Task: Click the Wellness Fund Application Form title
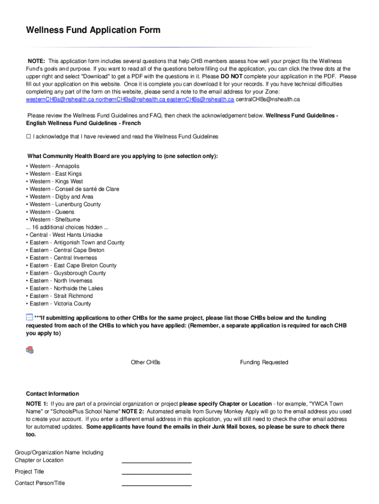[x=93, y=31]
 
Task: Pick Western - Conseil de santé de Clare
[x=74, y=189]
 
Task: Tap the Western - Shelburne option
[x=55, y=220]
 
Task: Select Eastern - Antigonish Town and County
[x=77, y=243]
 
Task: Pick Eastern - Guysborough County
[x=67, y=273]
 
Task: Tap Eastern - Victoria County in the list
[x=60, y=304]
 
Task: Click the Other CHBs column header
[x=145, y=362]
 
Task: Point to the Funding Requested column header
[x=264, y=362]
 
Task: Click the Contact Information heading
[x=52, y=394]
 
